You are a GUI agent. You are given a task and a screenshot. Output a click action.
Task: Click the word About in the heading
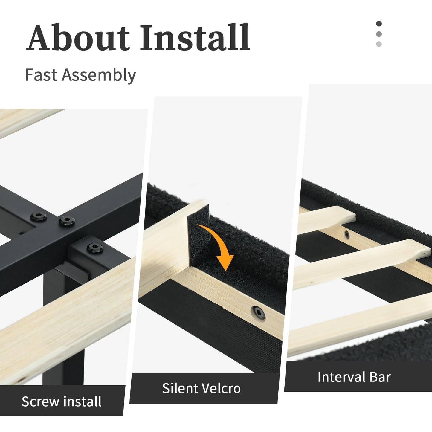click(x=78, y=37)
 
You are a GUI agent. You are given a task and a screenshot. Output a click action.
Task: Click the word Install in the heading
click(x=195, y=37)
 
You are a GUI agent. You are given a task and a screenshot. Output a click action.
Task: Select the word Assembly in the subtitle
click(x=99, y=76)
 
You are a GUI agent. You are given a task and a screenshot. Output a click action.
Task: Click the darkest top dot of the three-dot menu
click(x=379, y=24)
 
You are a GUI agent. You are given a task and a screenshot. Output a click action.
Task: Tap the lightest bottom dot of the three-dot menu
click(x=379, y=44)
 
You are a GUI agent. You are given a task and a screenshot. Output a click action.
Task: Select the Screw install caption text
click(x=61, y=401)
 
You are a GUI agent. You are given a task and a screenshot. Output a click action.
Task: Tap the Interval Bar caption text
click(x=354, y=377)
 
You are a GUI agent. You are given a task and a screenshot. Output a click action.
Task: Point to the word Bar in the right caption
click(x=380, y=377)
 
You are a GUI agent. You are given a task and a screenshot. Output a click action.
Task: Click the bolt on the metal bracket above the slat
click(x=95, y=248)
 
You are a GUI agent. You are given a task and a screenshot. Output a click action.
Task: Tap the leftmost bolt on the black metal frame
click(x=39, y=216)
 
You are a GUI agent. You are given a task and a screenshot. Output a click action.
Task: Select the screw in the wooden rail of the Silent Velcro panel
click(x=259, y=313)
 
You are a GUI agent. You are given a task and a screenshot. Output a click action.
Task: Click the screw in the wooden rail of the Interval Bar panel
click(x=346, y=235)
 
